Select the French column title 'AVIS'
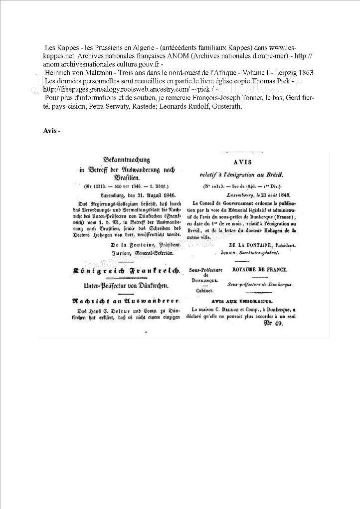coord(243,163)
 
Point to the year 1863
coord(303,72)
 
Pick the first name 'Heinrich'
coord(58,72)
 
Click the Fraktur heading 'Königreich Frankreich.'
coord(126,270)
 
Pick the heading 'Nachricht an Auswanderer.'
coord(126,302)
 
